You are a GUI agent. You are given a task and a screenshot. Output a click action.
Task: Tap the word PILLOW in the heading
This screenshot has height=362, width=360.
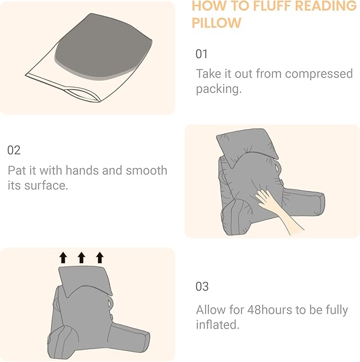click(x=216, y=23)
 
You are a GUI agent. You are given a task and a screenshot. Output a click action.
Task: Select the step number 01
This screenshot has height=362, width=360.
click(x=202, y=54)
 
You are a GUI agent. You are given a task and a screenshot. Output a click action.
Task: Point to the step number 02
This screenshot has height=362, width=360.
click(x=14, y=150)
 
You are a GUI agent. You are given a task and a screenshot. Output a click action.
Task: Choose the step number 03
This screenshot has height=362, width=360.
click(x=202, y=287)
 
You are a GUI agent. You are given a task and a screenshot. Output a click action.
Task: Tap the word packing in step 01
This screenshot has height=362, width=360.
click(x=217, y=89)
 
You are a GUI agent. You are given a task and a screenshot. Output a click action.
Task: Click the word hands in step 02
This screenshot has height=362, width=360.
click(x=81, y=171)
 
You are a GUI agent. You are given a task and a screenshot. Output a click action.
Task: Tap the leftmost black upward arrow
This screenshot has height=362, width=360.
click(x=63, y=258)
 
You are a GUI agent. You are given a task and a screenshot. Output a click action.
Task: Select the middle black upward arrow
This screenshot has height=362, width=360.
click(x=81, y=258)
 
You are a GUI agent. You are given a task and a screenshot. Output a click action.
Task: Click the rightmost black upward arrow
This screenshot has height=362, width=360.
click(x=99, y=258)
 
